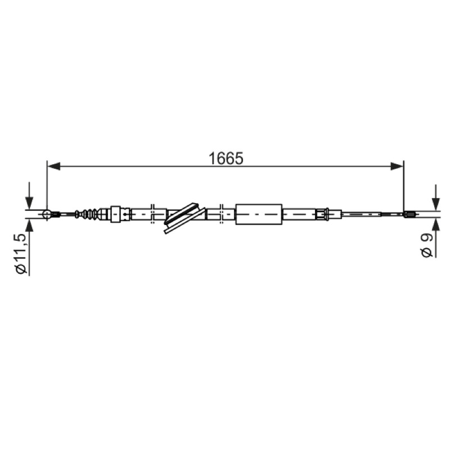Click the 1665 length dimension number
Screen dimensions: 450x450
click(x=226, y=159)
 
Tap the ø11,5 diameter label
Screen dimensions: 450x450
click(x=22, y=254)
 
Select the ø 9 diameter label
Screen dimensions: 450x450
click(x=426, y=245)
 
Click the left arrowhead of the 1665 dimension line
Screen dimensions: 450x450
click(x=53, y=166)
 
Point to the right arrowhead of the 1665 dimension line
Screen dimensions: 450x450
click(x=397, y=166)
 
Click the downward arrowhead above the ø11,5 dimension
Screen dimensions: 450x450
click(x=29, y=203)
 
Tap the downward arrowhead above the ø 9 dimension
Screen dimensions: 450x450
click(x=436, y=204)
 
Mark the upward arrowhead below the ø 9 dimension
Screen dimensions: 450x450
click(x=436, y=224)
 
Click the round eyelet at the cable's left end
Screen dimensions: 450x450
click(x=47, y=214)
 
